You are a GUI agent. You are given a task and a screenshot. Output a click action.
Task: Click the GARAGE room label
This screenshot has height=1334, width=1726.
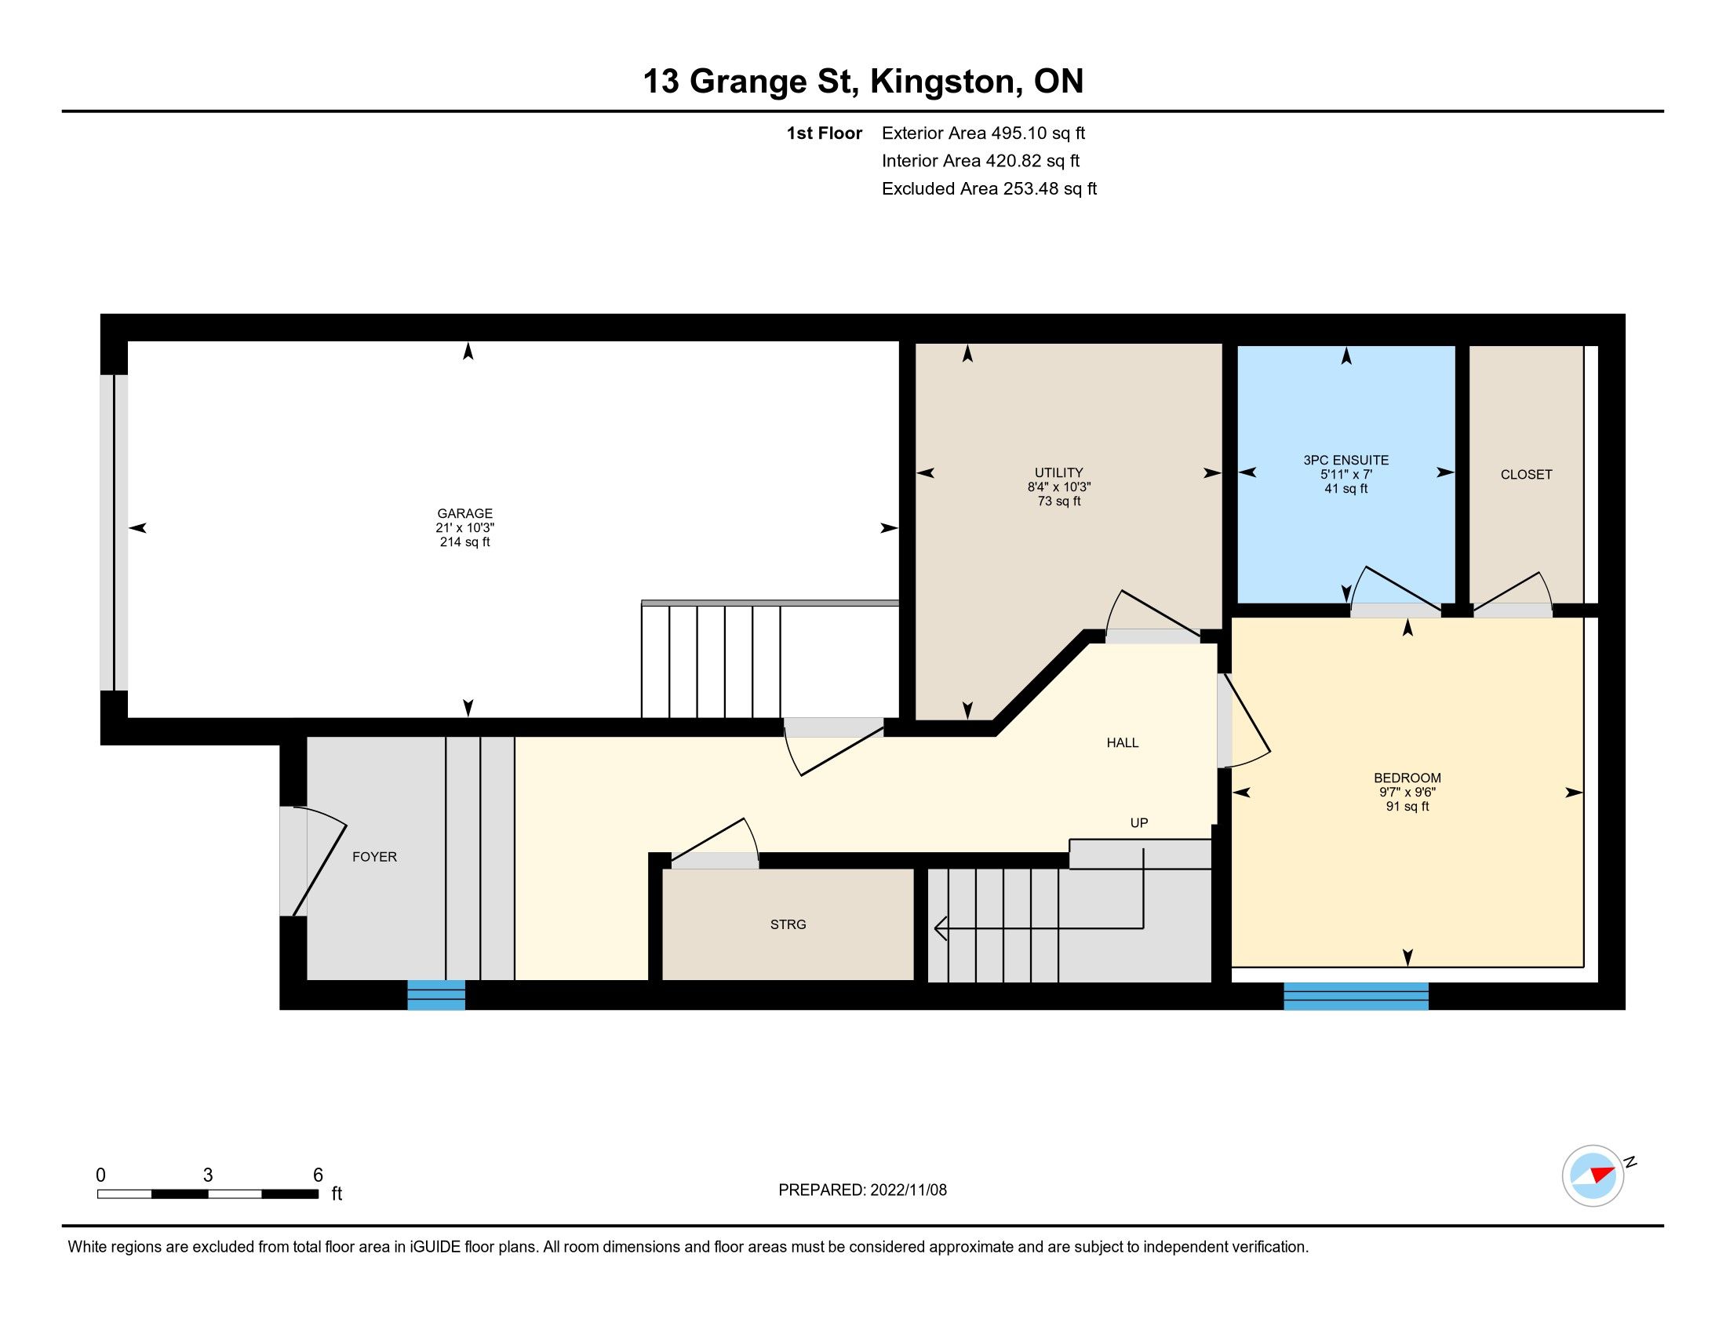[x=464, y=514]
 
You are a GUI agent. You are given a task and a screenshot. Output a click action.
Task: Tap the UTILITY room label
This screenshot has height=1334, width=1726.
[x=1059, y=472]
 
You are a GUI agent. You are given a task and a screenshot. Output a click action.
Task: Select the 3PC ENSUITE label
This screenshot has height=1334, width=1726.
[x=1345, y=460]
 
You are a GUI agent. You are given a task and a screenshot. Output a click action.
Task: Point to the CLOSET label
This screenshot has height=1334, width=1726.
[x=1526, y=474]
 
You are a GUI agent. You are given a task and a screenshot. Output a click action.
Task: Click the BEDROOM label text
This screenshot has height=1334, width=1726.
[x=1407, y=778]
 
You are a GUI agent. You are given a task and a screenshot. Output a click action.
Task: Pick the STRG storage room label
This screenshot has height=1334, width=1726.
[x=788, y=924]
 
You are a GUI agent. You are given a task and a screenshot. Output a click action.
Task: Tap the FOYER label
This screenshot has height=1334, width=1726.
[x=374, y=857]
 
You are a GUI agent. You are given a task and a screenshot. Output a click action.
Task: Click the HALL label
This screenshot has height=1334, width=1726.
[x=1122, y=743]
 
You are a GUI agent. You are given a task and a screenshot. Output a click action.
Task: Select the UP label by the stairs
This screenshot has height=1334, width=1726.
[x=1139, y=822]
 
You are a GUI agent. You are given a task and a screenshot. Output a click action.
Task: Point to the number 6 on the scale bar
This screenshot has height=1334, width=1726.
[x=318, y=1175]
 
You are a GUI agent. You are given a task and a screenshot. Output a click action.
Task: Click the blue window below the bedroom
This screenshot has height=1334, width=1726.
[x=1356, y=996]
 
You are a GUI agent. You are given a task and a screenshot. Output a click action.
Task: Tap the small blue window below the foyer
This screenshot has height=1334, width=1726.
[x=436, y=995]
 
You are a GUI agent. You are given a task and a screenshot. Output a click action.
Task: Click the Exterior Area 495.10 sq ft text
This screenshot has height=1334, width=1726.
[x=984, y=133]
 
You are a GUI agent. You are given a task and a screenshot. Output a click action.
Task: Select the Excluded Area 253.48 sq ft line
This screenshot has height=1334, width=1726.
[x=989, y=189]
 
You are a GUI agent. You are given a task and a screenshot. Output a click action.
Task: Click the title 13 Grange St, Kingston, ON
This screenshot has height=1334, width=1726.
[x=863, y=81]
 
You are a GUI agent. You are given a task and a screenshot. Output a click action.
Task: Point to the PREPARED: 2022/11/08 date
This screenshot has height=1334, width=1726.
[x=862, y=1190]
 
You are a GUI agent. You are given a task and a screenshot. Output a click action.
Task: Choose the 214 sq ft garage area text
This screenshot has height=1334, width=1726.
[x=464, y=542]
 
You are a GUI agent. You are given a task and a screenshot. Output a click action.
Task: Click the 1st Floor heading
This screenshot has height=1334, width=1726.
[x=825, y=133]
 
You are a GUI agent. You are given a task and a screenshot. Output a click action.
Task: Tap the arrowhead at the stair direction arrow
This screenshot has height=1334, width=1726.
[x=941, y=928]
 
